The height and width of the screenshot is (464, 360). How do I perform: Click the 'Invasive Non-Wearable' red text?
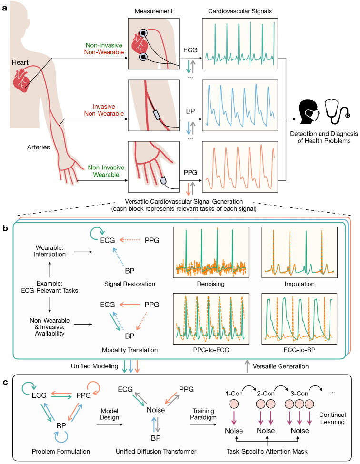coord(100,110)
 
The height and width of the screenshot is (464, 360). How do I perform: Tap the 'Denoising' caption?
coord(210,284)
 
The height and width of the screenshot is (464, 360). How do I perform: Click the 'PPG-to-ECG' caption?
coord(210,349)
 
